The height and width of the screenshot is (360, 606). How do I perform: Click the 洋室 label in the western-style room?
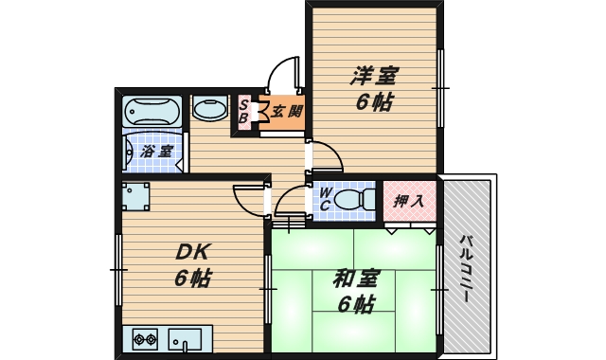coord(375,75)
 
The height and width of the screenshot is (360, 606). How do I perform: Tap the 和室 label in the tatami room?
coord(356,279)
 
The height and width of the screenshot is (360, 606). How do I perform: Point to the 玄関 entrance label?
coord(287,112)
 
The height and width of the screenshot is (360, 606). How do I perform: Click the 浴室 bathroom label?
coord(157,152)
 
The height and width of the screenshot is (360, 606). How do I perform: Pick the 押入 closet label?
coord(409,200)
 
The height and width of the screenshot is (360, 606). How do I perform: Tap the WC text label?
coord(324,199)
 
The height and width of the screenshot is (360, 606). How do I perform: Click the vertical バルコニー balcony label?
coord(467,268)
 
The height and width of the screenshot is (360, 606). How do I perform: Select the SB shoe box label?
coord(243,112)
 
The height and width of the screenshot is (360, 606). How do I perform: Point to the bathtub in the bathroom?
coord(151,112)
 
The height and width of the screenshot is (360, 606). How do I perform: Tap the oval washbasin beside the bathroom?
coord(209,110)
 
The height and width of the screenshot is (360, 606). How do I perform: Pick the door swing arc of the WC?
coord(292,202)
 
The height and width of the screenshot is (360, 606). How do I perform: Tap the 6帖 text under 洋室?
coord(375,101)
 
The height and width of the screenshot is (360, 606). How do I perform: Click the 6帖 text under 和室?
coord(356,305)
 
